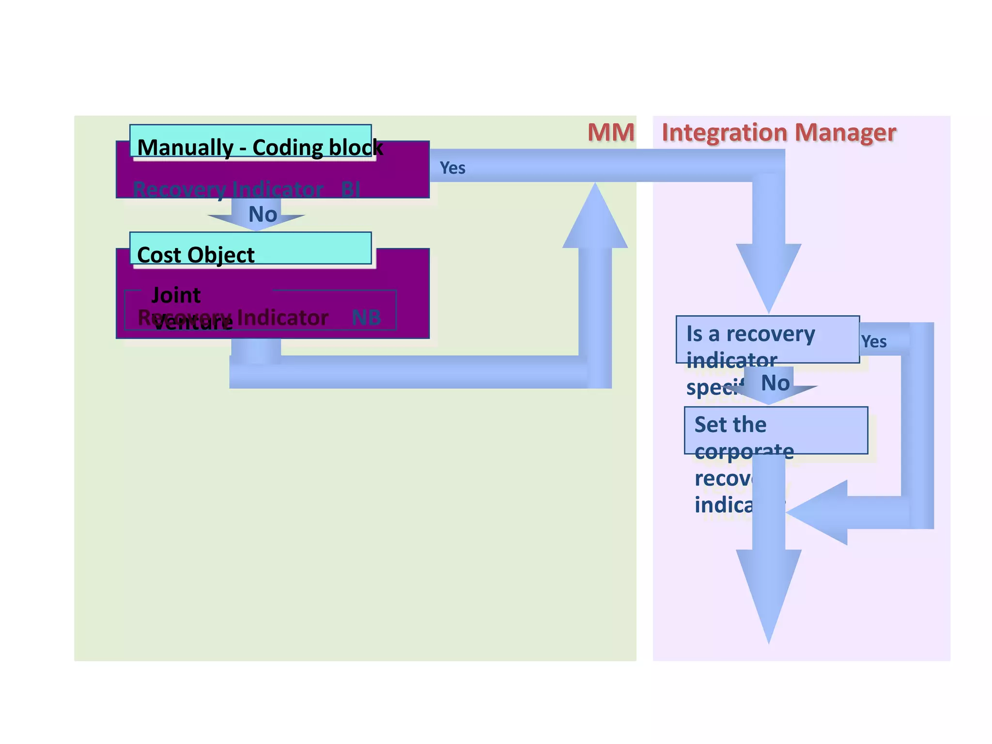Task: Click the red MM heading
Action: pyautogui.click(x=610, y=132)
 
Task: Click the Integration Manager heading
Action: pyautogui.click(x=778, y=132)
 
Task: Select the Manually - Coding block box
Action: pyautogui.click(x=250, y=140)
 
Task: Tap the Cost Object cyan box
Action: pyautogui.click(x=250, y=248)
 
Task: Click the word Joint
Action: pyautogui.click(x=176, y=294)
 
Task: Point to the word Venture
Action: pyautogui.click(x=193, y=323)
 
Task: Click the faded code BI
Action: pyautogui.click(x=351, y=189)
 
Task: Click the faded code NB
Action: pyautogui.click(x=366, y=318)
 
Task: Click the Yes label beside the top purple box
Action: pyautogui.click(x=452, y=168)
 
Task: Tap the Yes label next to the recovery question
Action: pyautogui.click(x=874, y=341)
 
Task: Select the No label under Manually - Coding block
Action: pyautogui.click(x=262, y=214)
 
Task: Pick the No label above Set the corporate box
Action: pyautogui.click(x=775, y=383)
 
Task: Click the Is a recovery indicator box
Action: pyautogui.click(x=767, y=340)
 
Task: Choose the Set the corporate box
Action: pyautogui.click(x=775, y=430)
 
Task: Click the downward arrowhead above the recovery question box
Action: pyautogui.click(x=769, y=276)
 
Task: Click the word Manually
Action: pyautogui.click(x=185, y=147)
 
